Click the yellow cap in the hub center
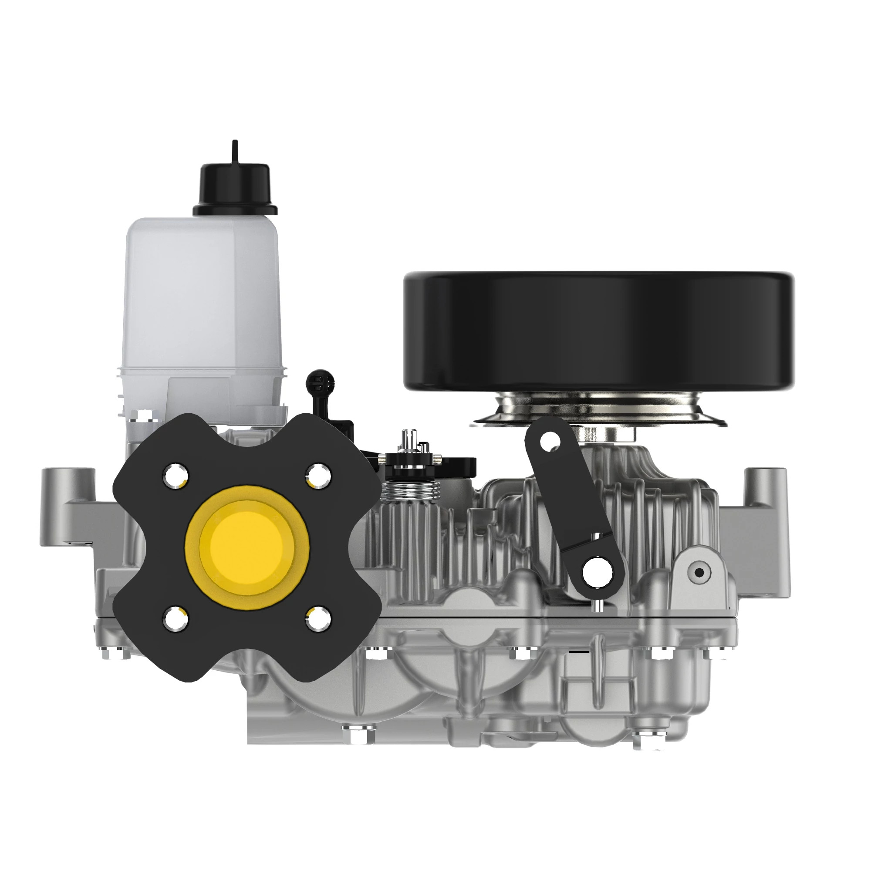[246, 547]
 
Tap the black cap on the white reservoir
[235, 189]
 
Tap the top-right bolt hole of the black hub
[320, 475]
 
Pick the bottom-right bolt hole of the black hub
[319, 619]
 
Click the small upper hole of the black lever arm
[550, 441]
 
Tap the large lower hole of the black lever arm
[598, 573]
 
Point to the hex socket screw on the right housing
[699, 572]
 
